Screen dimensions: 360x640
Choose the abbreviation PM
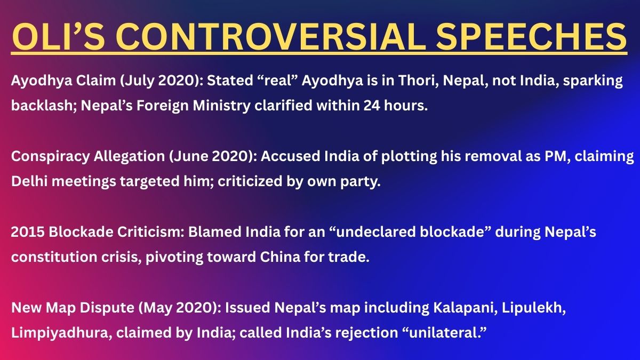(x=553, y=156)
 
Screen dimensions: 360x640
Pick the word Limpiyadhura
(x=52, y=331)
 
